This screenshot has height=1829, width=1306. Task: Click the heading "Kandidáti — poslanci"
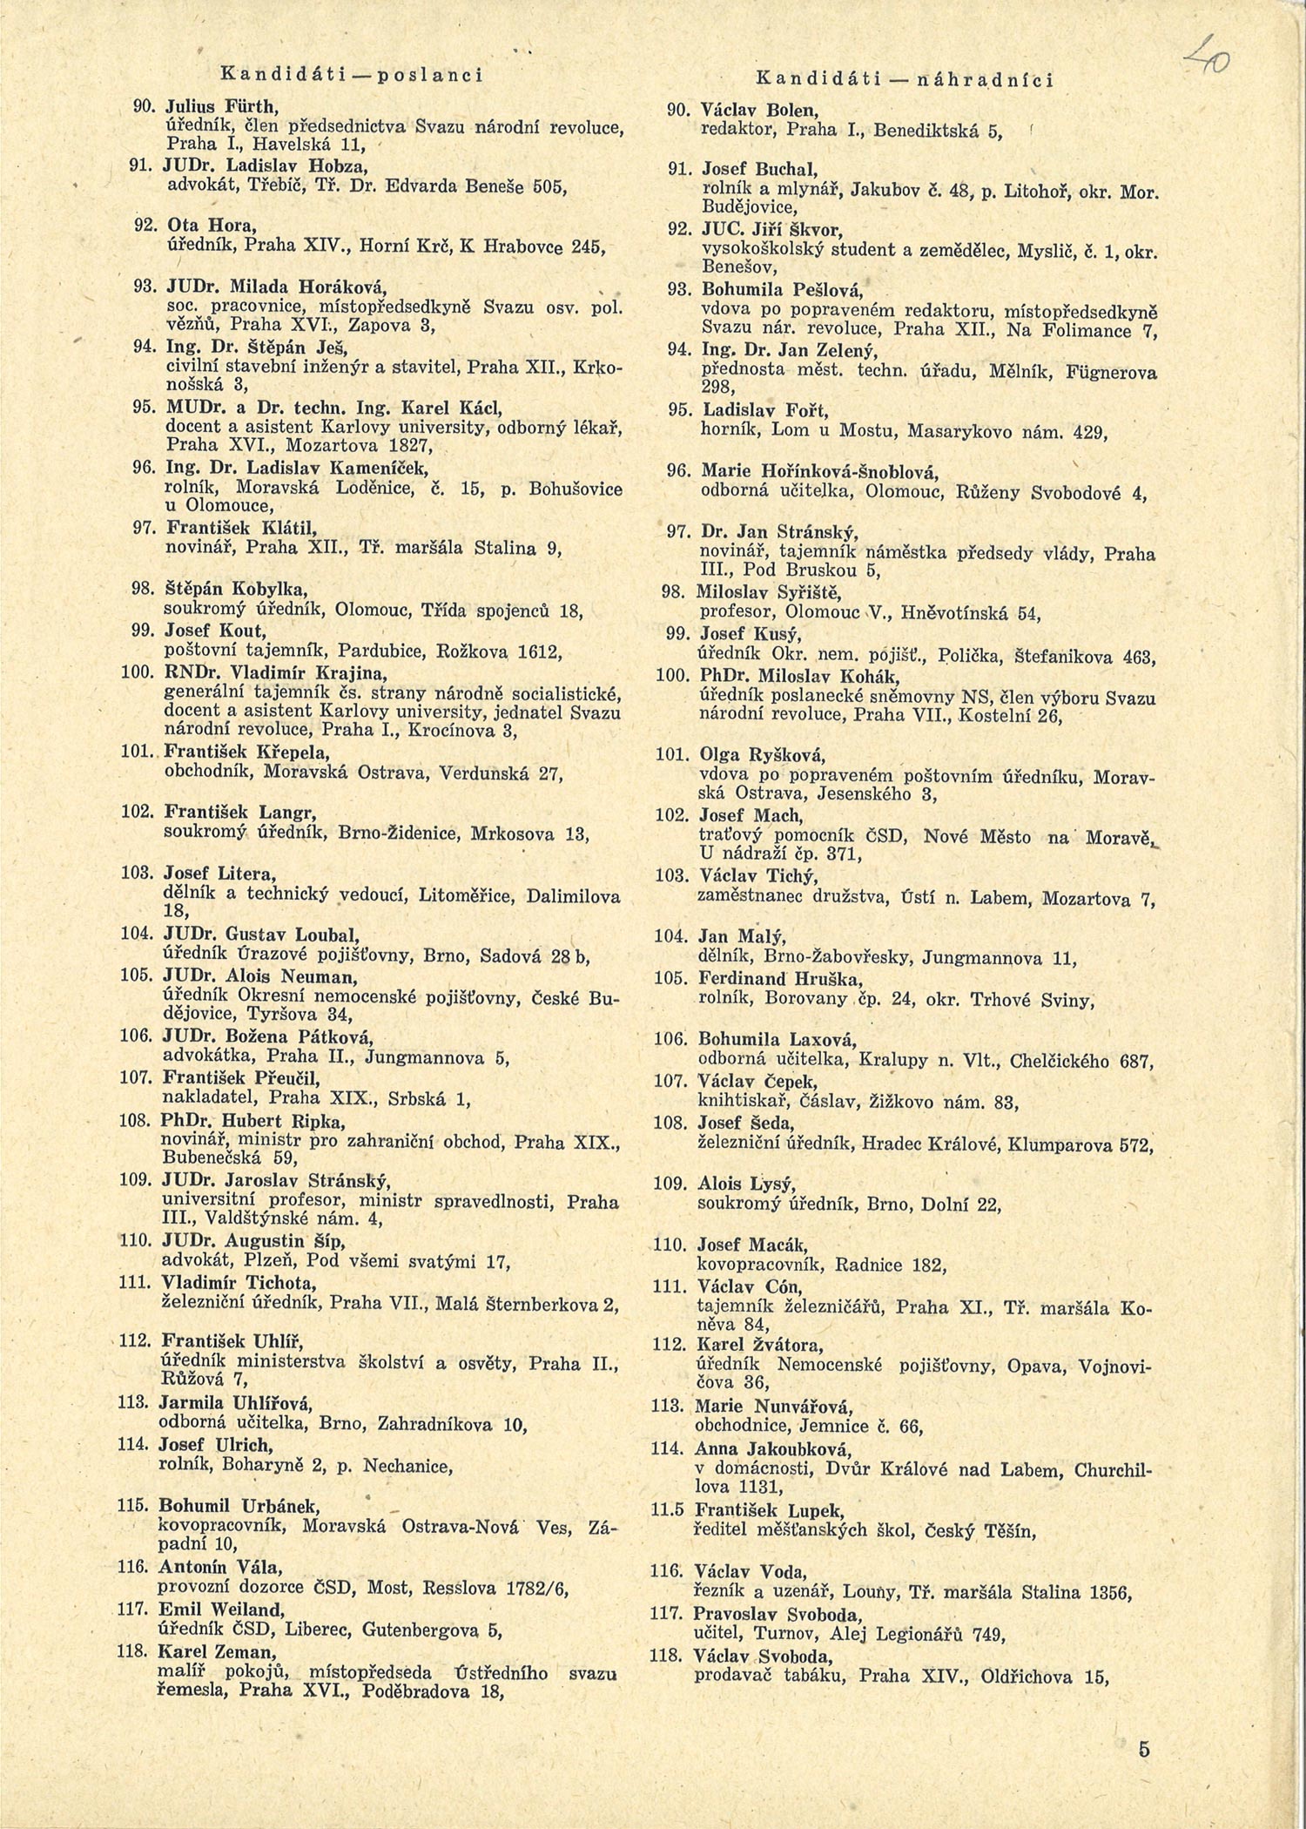point(352,75)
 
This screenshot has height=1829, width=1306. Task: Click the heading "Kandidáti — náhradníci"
point(904,80)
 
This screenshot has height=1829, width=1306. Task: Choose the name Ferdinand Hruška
point(766,980)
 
